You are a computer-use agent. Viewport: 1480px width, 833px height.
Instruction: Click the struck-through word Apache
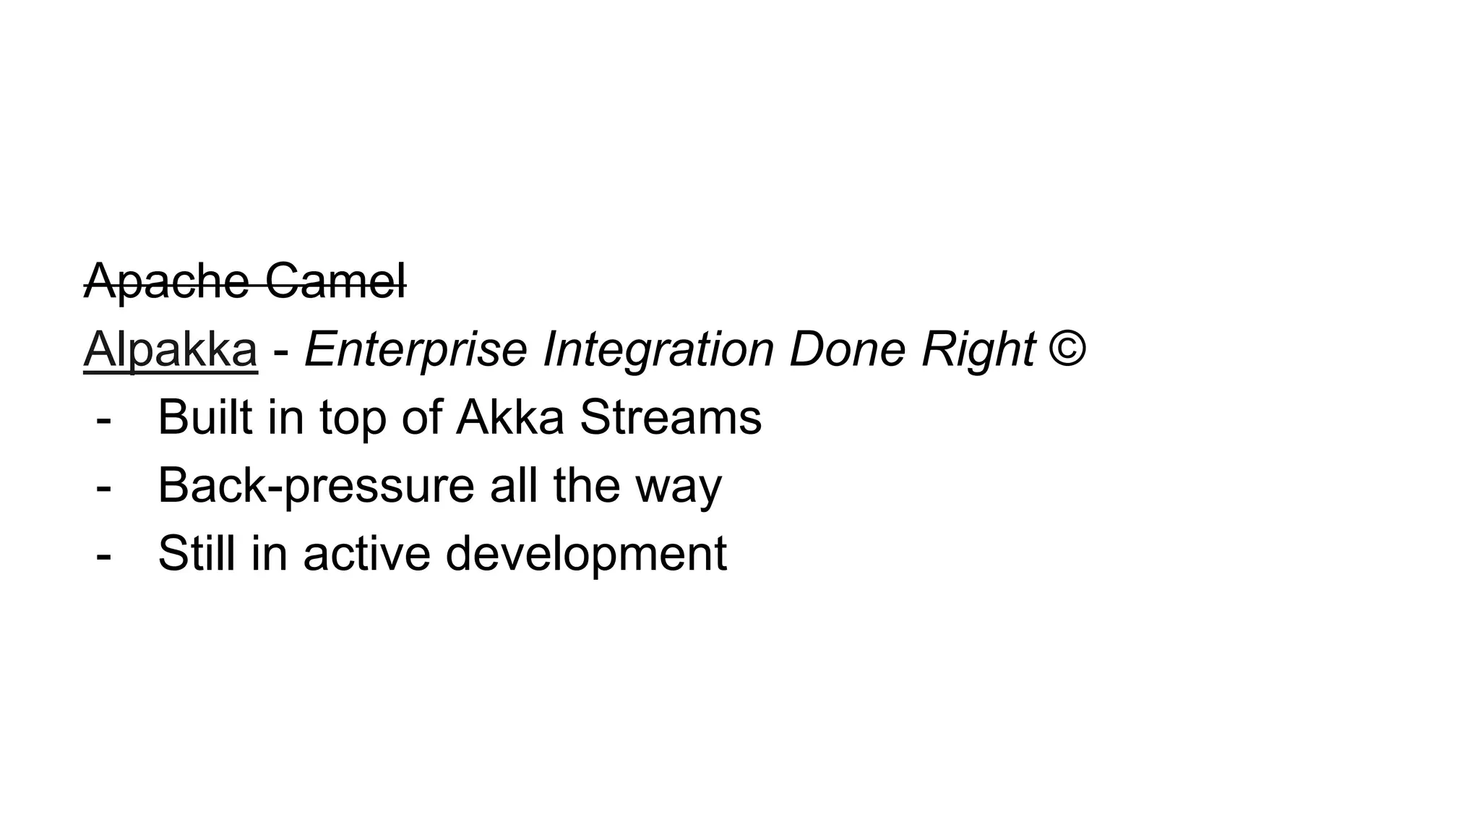click(x=166, y=282)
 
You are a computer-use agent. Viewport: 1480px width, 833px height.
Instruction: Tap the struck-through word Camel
click(x=335, y=282)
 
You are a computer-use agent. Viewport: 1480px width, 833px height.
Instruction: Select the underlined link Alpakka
click(x=171, y=350)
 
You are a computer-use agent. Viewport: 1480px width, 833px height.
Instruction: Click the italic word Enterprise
click(x=416, y=350)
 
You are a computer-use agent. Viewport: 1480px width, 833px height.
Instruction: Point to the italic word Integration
click(x=658, y=350)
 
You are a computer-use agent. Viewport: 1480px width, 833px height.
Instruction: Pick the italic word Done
click(x=848, y=350)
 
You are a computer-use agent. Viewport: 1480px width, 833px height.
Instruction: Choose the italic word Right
click(x=978, y=350)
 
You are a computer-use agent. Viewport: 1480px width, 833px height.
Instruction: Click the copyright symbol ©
click(x=1067, y=349)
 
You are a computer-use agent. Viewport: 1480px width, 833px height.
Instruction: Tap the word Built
click(x=205, y=417)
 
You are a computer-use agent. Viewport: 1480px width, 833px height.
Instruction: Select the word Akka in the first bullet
click(x=509, y=417)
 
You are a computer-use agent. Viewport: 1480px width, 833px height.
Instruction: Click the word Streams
click(x=671, y=417)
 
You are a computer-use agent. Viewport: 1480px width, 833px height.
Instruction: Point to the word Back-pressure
click(x=316, y=486)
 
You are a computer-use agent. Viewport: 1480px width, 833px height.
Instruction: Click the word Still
click(x=197, y=554)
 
